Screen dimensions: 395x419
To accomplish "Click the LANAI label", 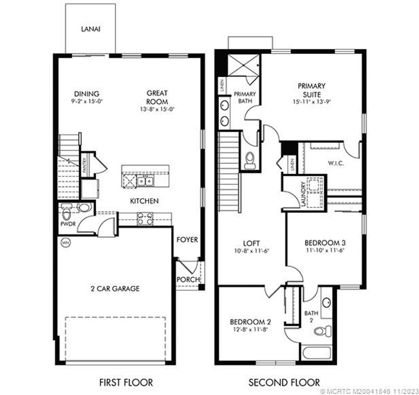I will pyautogui.click(x=90, y=29).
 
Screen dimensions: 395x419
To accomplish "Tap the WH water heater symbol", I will pyautogui.click(x=65, y=243).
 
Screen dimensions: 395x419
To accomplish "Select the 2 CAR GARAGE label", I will pyautogui.click(x=115, y=289).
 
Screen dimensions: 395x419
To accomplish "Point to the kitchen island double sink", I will pyautogui.click(x=145, y=180).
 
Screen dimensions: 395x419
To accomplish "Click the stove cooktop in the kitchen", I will pyautogui.click(x=145, y=218).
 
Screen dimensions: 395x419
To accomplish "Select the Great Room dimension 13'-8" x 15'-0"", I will pyautogui.click(x=157, y=109).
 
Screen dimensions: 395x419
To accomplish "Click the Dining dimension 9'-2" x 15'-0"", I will pyautogui.click(x=86, y=101).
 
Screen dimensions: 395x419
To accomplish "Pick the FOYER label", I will pyautogui.click(x=187, y=240).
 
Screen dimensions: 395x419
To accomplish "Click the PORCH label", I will pyautogui.click(x=188, y=279).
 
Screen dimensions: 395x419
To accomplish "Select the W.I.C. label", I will pyautogui.click(x=336, y=163).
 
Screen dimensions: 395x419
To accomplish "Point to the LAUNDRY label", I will pyautogui.click(x=303, y=195).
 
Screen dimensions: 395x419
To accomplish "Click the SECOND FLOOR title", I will pyautogui.click(x=284, y=383).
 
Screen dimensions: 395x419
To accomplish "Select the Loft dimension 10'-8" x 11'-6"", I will pyautogui.click(x=251, y=251).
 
